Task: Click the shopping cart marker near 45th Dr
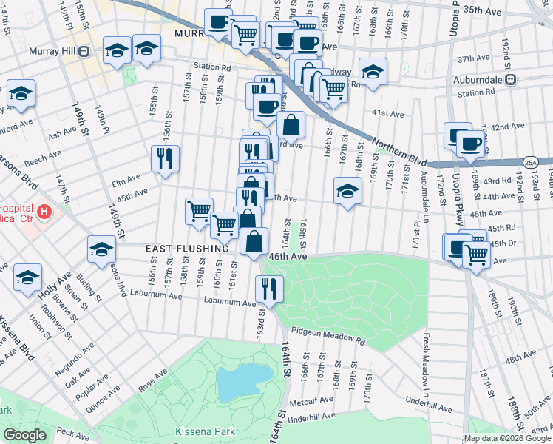pos(476,255)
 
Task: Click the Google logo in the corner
pos(24,435)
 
